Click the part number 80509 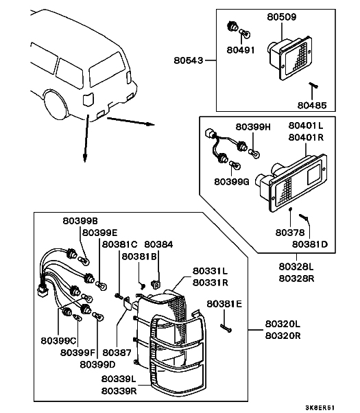282,17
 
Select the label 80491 241,50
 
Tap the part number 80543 189,60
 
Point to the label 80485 312,106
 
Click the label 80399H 253,127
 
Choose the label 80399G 232,182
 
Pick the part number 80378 290,233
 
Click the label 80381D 310,244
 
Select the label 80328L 296,267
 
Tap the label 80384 159,244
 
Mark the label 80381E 224,304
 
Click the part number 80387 117,353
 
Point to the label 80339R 119,391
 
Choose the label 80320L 283,323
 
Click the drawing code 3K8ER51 320,408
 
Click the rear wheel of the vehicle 56,105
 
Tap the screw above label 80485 313,85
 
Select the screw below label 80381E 226,328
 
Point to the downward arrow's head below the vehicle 85,158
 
